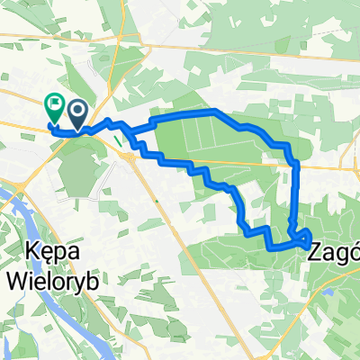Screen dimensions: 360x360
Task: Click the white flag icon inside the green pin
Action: (x=53, y=104)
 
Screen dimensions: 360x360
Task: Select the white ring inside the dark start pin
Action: (x=78, y=110)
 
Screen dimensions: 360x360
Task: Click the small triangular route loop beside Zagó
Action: (x=303, y=238)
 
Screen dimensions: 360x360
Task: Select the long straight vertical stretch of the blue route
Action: (x=295, y=193)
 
